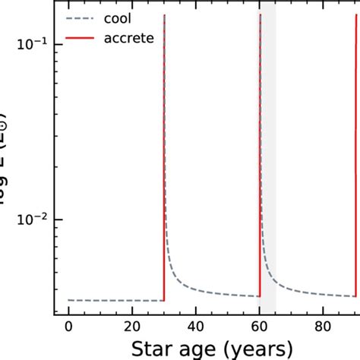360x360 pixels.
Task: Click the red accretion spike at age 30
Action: point(164,152)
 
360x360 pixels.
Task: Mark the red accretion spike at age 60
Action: point(260,152)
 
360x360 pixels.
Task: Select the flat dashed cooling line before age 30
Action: point(114,301)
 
